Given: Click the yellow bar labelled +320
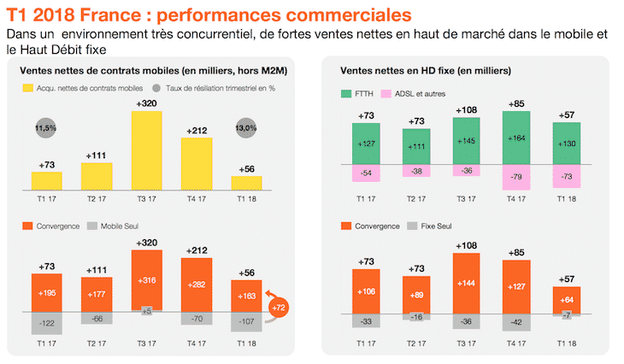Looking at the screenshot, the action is (x=147, y=150).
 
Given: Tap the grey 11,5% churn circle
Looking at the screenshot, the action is (x=46, y=128).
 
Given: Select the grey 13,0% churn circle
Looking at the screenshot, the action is (x=246, y=128).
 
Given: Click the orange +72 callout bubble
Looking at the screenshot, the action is (x=279, y=308).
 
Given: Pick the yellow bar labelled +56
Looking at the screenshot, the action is (x=247, y=183).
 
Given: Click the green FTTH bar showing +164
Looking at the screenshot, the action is (x=516, y=138).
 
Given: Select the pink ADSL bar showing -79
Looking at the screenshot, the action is (x=516, y=177).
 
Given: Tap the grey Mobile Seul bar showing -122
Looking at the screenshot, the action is (x=47, y=323).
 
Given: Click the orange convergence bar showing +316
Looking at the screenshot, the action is (x=147, y=280).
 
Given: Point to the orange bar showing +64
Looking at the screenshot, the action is (x=567, y=301).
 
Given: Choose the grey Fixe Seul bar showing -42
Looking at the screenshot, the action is (x=516, y=322).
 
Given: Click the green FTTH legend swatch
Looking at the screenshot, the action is (x=346, y=94).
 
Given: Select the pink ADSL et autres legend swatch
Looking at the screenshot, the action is (x=386, y=94).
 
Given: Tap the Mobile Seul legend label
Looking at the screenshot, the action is (x=120, y=226).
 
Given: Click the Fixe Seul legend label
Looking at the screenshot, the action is (x=436, y=226).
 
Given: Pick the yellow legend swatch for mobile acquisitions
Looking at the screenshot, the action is (x=28, y=88).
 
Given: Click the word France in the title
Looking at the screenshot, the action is (x=110, y=15).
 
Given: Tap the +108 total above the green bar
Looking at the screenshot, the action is (x=467, y=110).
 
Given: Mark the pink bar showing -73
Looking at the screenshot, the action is (x=567, y=176).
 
